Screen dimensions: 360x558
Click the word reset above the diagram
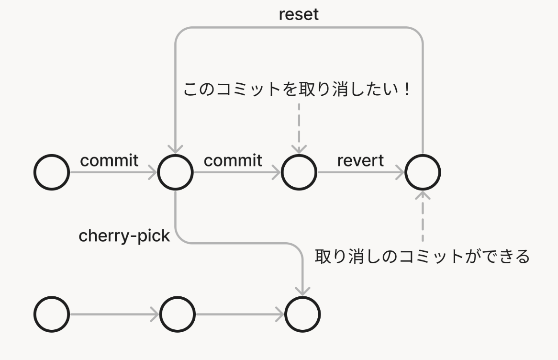(x=299, y=14)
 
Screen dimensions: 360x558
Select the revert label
(x=360, y=160)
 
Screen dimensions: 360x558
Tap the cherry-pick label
(x=124, y=236)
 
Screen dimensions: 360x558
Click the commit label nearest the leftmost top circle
(x=109, y=160)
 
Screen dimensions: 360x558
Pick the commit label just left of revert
(x=233, y=160)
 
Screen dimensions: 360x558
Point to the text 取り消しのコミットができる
(x=422, y=257)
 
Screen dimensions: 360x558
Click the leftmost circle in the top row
(x=52, y=172)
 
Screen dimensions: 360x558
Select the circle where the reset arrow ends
(x=176, y=172)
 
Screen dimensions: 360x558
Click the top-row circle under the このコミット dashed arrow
(x=299, y=172)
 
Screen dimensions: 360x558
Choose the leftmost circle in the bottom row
(x=52, y=315)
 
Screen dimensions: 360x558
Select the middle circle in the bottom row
(x=178, y=315)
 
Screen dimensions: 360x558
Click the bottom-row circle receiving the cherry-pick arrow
(x=302, y=315)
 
